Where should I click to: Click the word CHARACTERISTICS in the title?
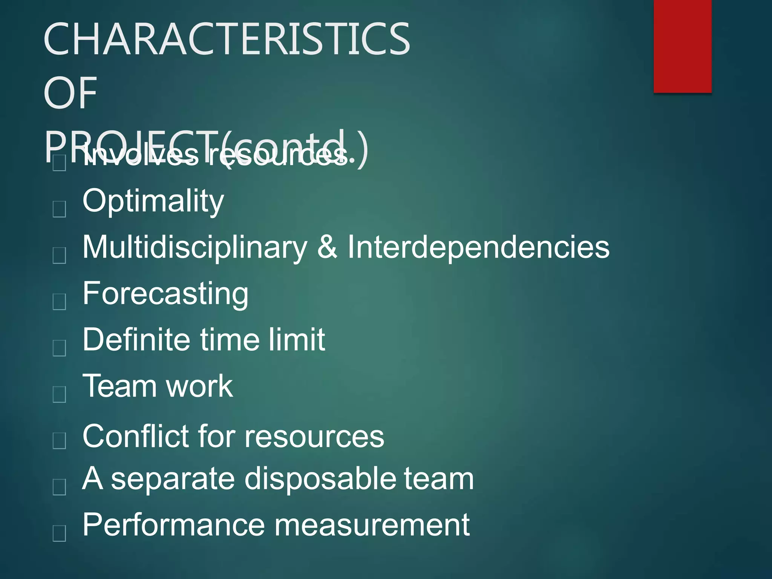227,39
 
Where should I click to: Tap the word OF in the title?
70,93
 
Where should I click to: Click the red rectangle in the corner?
682,46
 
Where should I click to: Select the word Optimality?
153,201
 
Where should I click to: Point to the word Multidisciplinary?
195,248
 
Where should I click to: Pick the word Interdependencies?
478,248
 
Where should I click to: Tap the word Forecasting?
165,294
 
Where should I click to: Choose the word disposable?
320,479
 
